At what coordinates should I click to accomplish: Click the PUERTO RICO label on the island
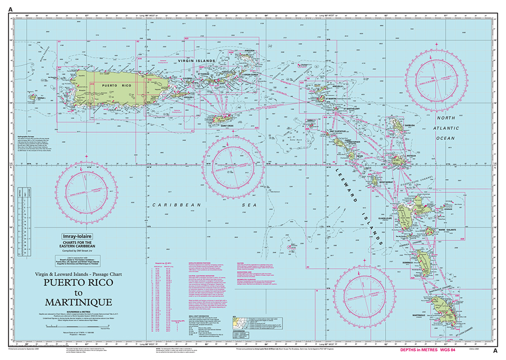click(x=110, y=86)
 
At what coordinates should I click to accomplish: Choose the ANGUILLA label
click(x=323, y=86)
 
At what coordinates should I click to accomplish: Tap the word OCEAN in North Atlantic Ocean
click(x=447, y=138)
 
